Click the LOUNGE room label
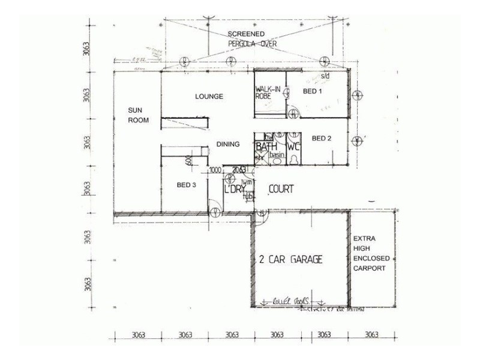209,96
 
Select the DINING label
228,144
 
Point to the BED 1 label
312,91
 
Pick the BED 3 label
187,185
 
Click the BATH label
264,146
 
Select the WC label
293,146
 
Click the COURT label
281,189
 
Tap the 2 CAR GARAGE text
291,260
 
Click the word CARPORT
369,268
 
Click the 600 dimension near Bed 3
188,160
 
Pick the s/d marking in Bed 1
325,77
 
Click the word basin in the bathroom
276,155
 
